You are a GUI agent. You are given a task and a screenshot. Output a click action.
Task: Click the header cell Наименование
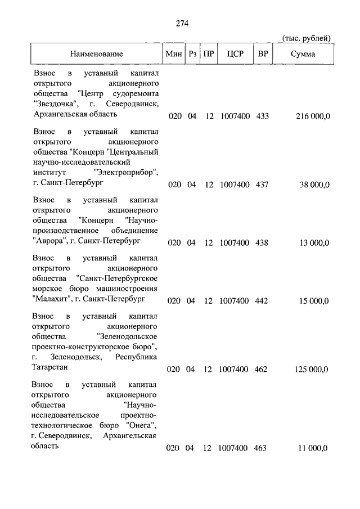click(96, 54)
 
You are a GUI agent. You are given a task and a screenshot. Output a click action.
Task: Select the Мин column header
click(173, 54)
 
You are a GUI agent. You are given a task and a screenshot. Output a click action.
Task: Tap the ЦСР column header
click(235, 54)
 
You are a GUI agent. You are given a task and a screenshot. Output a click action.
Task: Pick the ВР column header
click(262, 54)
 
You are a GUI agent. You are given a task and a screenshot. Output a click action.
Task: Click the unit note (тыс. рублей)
click(306, 38)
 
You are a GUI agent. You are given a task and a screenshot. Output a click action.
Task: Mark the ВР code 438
click(262, 242)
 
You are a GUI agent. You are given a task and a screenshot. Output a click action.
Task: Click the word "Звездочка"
click(56, 104)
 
